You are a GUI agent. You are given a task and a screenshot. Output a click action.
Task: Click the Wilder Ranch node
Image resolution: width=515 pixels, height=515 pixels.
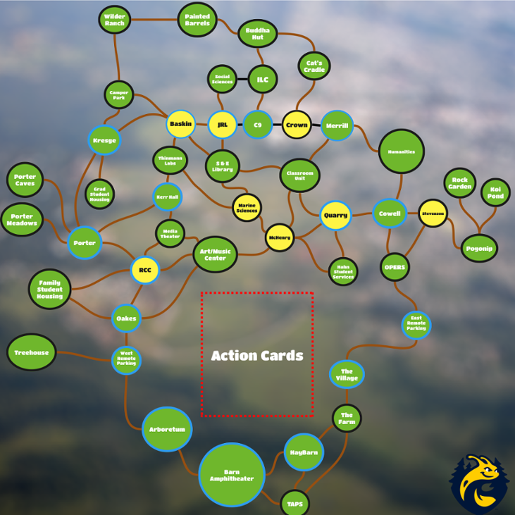tap(114, 20)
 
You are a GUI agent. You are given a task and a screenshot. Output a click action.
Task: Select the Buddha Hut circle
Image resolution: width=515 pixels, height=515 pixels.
tap(258, 33)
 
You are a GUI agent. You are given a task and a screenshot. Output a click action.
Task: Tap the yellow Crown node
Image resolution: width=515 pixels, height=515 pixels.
tap(297, 125)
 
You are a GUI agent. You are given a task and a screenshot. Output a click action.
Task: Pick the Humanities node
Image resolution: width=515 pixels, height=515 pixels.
tap(401, 151)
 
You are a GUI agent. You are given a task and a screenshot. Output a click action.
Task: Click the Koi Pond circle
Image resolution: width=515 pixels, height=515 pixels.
tap(495, 192)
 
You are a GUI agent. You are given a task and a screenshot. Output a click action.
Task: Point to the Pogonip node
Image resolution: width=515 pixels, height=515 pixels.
tap(480, 247)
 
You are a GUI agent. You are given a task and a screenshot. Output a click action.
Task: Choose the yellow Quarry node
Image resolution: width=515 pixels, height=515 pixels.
tap(335, 215)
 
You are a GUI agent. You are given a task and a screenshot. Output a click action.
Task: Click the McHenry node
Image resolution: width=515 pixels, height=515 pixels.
tap(280, 238)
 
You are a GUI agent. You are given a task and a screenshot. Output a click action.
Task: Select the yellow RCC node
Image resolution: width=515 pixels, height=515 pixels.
tap(145, 270)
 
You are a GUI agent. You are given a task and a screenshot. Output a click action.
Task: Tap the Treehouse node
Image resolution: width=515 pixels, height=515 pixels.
tap(32, 352)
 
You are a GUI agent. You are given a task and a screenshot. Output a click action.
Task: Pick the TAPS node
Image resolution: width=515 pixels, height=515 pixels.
tap(294, 503)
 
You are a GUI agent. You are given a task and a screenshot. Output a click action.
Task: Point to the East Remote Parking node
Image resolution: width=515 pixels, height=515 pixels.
tap(416, 325)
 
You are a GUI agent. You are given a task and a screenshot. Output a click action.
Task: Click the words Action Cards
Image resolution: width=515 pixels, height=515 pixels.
tap(257, 356)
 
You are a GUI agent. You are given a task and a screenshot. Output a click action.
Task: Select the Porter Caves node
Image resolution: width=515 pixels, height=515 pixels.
tap(25, 180)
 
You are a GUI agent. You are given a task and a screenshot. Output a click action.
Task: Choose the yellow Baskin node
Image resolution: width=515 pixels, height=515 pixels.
tap(181, 124)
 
